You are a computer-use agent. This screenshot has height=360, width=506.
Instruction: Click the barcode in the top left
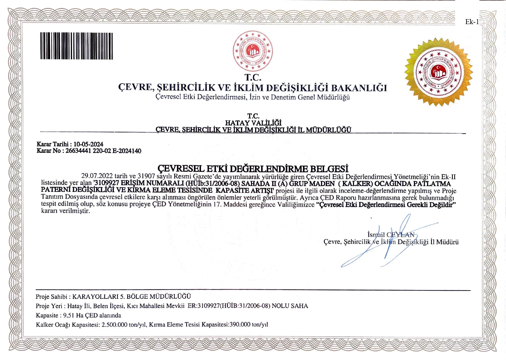click(x=76, y=46)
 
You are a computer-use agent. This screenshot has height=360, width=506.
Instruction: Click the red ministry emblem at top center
click(x=252, y=51)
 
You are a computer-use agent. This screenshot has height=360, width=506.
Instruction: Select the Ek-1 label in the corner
click(x=471, y=22)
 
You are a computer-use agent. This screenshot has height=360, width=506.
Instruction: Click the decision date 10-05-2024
click(x=88, y=144)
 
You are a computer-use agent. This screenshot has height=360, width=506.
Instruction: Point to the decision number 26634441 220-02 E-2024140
click(x=103, y=151)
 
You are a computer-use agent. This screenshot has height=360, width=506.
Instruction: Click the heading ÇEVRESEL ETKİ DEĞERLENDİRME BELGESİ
click(x=253, y=169)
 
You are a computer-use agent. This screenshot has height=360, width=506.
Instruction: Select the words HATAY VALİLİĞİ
click(x=253, y=123)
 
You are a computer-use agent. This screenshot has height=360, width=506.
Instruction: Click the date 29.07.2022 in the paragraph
click(x=97, y=176)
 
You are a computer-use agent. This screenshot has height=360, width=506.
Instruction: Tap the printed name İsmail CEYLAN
click(x=391, y=235)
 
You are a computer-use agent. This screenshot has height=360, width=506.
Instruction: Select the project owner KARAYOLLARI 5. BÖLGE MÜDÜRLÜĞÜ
click(x=132, y=296)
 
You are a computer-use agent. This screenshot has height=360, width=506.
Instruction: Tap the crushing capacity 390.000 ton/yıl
click(x=249, y=325)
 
